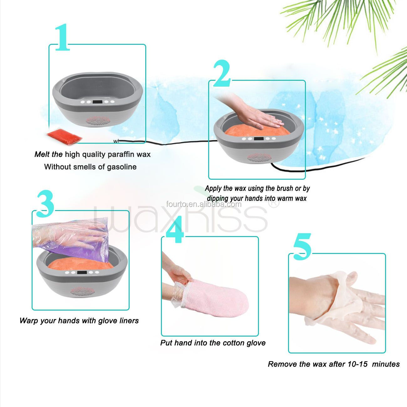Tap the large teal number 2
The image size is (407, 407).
[222, 74]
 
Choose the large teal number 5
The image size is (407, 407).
[302, 247]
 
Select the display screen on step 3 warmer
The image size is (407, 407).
[82, 272]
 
